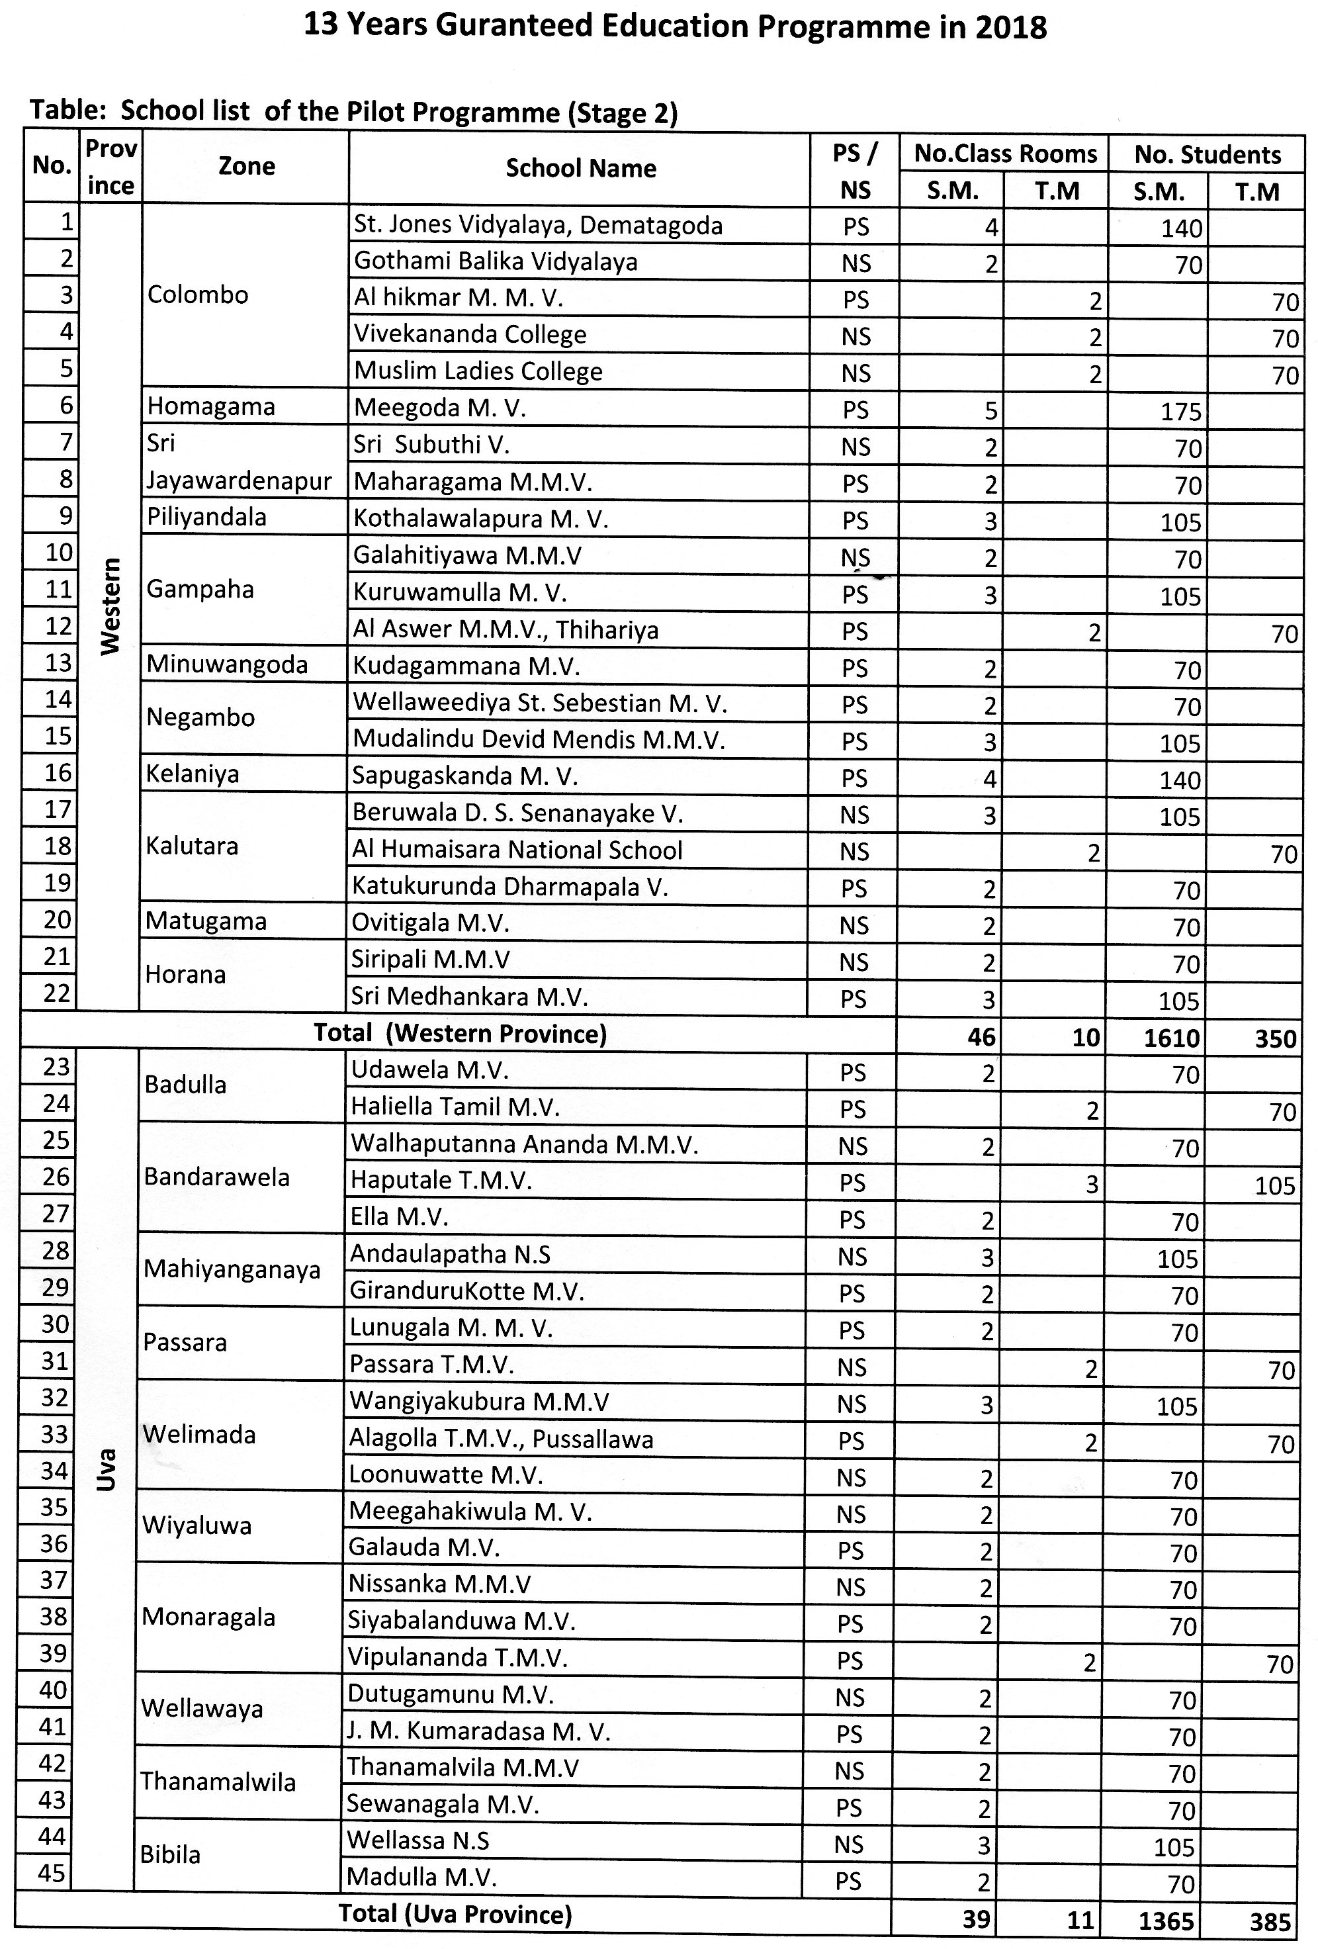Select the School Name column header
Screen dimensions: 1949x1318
[x=580, y=169]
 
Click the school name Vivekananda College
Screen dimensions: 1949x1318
[x=470, y=335]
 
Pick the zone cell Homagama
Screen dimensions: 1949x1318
[x=210, y=407]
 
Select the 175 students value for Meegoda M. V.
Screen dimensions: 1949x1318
[x=1180, y=412]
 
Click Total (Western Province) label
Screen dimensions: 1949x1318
[x=459, y=1033]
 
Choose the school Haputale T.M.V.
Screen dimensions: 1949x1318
[x=441, y=1181]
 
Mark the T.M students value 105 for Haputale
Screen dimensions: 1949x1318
[x=1274, y=1186]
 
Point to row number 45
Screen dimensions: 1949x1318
[x=51, y=1874]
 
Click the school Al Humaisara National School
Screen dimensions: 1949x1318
[x=517, y=850]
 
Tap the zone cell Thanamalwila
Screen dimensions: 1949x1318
[x=218, y=1782]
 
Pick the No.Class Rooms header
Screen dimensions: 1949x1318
[x=1004, y=154]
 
